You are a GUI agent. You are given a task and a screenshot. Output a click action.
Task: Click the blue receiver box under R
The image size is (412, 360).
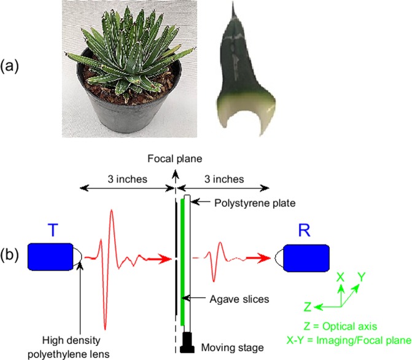tap(306, 257)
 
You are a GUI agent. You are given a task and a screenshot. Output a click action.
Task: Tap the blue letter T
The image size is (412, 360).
tap(53, 230)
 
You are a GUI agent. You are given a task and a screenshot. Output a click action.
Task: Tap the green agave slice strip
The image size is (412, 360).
tap(183, 258)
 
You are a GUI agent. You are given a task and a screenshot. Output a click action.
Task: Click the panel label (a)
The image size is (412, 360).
tap(14, 66)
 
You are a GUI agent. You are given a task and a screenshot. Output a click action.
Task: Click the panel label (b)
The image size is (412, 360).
tap(14, 253)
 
